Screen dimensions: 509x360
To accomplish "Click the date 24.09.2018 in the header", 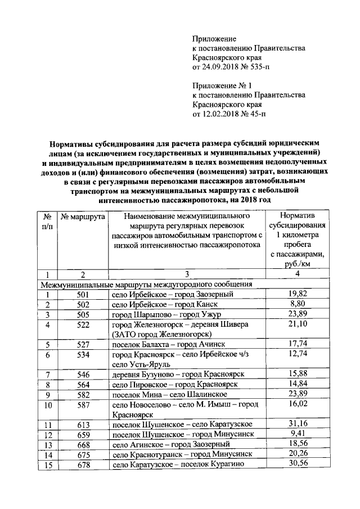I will pyautogui.click(x=220, y=67).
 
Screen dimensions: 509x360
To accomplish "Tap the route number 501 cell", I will pyautogui.click(x=83, y=294).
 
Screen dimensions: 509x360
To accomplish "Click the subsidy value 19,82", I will pyautogui.click(x=296, y=294).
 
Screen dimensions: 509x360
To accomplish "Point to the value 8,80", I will pyautogui.click(x=296, y=304).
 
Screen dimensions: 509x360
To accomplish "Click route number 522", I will pyautogui.click(x=83, y=325).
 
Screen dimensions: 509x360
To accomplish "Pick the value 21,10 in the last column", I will pyautogui.click(x=296, y=325).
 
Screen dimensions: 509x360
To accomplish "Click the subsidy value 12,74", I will pyautogui.click(x=296, y=355).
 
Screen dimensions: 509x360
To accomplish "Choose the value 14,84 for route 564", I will pyautogui.click(x=296, y=385).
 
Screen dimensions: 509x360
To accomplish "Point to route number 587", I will pyautogui.click(x=83, y=405).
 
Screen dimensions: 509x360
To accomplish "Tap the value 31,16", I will pyautogui.click(x=296, y=425).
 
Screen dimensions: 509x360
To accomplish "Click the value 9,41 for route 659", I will pyautogui.click(x=296, y=434).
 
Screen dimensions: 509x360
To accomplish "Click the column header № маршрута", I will pyautogui.click(x=83, y=216).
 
